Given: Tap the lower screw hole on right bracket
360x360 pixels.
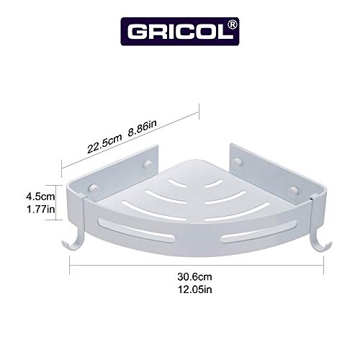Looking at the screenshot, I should pyautogui.click(x=294, y=189).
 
